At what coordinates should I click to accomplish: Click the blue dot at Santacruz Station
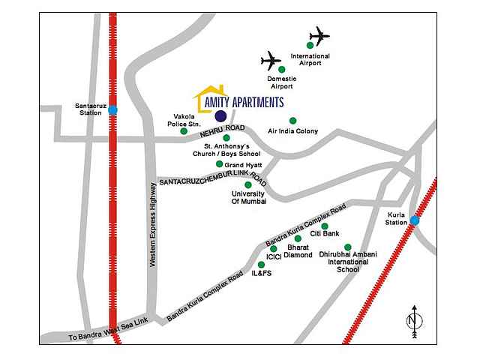112,110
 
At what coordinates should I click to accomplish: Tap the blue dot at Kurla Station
414,220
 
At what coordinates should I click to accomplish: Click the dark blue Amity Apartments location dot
220,115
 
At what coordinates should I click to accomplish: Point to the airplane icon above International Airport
319,34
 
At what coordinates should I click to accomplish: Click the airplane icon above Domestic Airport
271,60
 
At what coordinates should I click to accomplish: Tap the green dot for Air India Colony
292,121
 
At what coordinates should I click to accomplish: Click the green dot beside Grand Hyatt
219,164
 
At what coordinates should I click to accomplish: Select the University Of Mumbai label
248,197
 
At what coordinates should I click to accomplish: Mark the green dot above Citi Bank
325,226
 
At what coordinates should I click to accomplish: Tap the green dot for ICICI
273,248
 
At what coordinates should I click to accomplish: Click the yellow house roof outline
211,94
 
